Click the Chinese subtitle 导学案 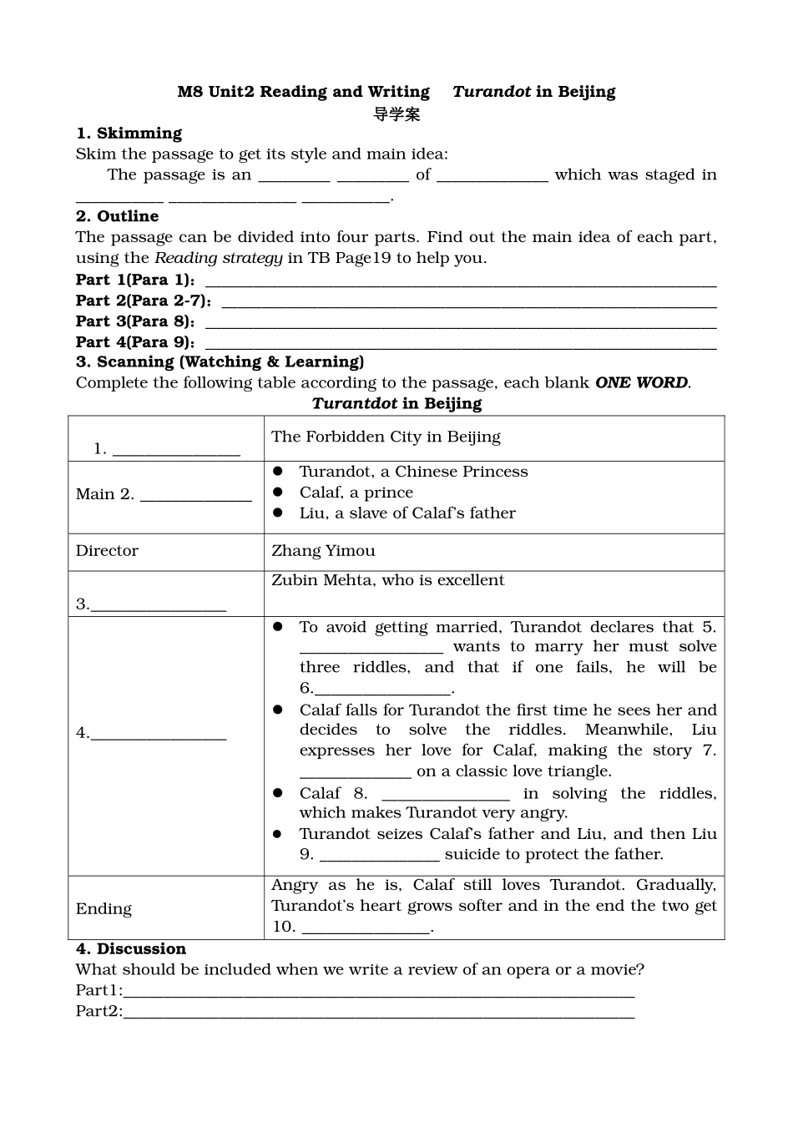[x=396, y=114]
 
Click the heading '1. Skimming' [x=129, y=134]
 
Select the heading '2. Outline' [x=117, y=216]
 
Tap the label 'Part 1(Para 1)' [x=134, y=280]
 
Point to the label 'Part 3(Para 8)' [x=134, y=321]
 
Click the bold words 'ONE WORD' [x=641, y=383]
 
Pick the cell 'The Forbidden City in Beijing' [x=386, y=437]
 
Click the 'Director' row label [x=107, y=551]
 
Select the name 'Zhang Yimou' [x=323, y=551]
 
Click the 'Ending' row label [x=104, y=909]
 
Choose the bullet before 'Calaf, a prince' [x=279, y=493]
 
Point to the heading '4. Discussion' [x=131, y=949]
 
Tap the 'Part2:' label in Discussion [x=98, y=1012]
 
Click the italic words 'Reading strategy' [x=218, y=258]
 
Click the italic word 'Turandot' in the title [x=492, y=92]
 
